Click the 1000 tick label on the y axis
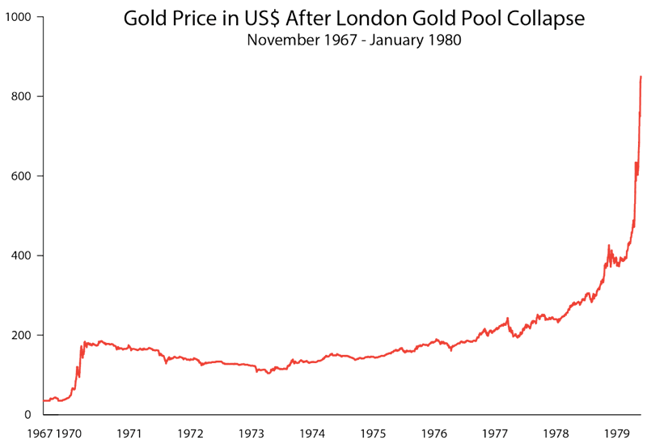tap(15, 17)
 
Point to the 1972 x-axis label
tap(191, 433)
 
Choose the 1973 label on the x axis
tap(252, 433)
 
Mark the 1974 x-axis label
tap(313, 433)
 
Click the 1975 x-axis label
tap(374, 433)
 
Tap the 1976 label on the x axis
tap(434, 433)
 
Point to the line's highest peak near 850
tap(641, 77)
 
